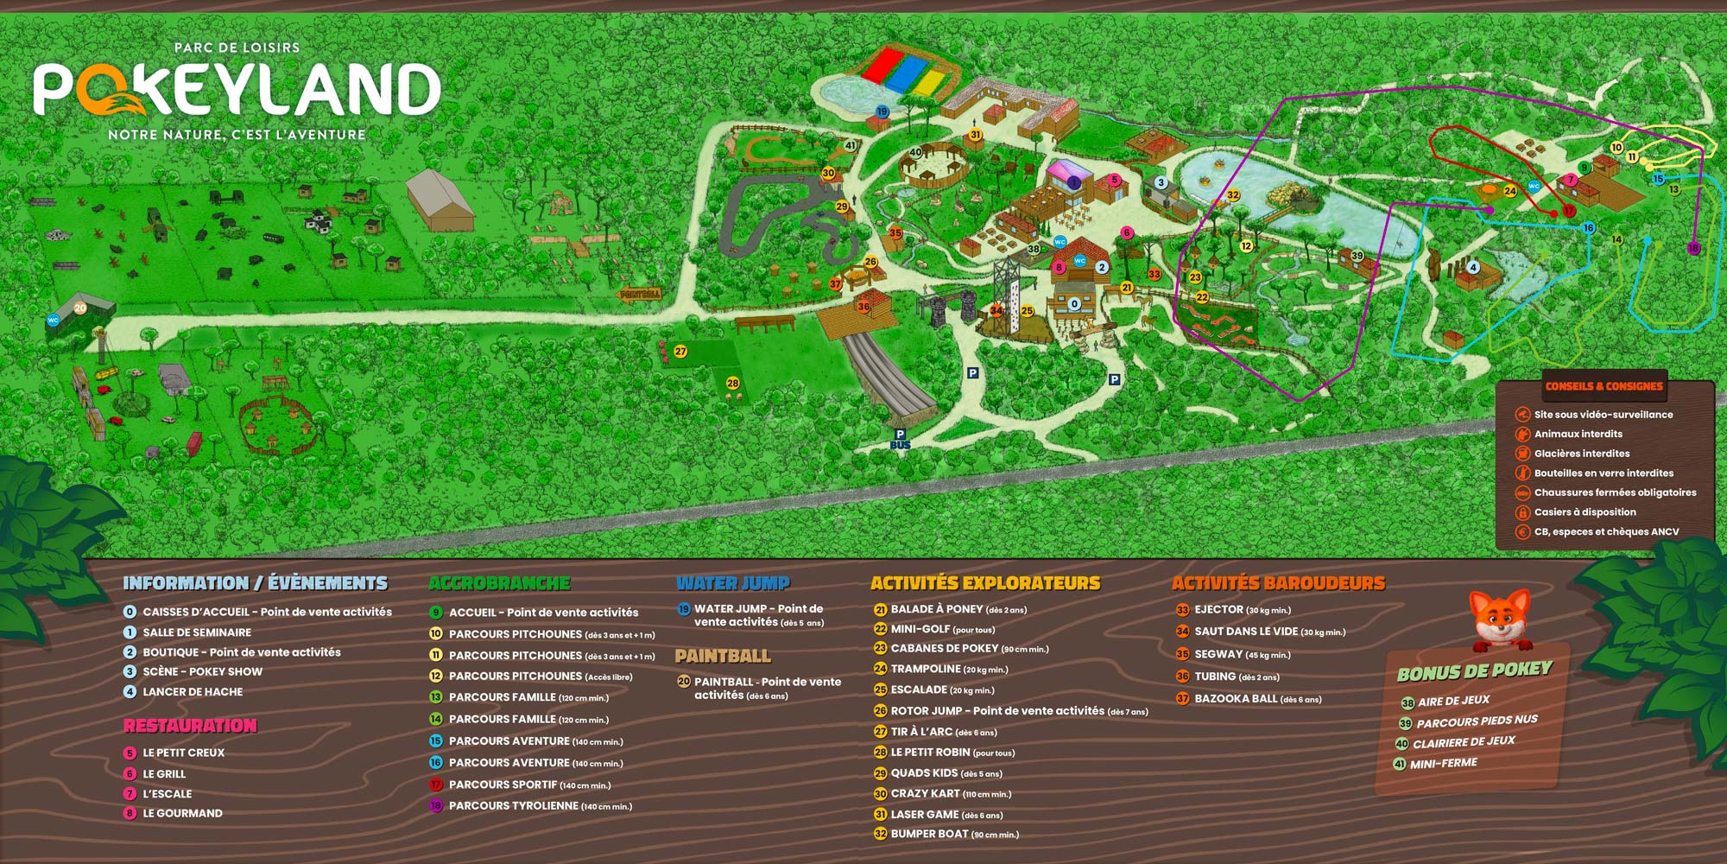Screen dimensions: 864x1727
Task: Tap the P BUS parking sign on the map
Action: point(900,440)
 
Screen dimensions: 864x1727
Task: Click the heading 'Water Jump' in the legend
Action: point(733,583)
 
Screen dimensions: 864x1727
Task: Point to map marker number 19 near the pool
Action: point(882,112)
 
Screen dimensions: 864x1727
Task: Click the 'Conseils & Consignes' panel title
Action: point(1604,386)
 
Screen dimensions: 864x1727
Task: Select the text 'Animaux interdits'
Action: point(1578,434)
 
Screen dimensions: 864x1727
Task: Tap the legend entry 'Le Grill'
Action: point(164,774)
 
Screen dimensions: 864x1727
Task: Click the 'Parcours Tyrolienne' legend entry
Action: point(513,806)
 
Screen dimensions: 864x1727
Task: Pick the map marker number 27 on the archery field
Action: point(680,352)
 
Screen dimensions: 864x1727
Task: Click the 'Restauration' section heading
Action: point(190,726)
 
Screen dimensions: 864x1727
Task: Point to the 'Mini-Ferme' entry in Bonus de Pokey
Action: point(1443,764)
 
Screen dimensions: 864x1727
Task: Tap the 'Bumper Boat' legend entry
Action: point(929,835)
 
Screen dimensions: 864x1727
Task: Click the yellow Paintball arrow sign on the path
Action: point(640,295)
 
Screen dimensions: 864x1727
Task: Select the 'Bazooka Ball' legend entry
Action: point(1236,699)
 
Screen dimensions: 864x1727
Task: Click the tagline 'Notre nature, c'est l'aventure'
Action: point(237,135)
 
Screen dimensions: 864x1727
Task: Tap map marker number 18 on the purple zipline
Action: point(1692,249)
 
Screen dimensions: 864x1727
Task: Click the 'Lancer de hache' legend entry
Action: point(193,692)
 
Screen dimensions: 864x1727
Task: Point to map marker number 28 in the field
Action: point(732,383)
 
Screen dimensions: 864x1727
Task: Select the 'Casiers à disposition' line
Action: point(1585,512)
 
